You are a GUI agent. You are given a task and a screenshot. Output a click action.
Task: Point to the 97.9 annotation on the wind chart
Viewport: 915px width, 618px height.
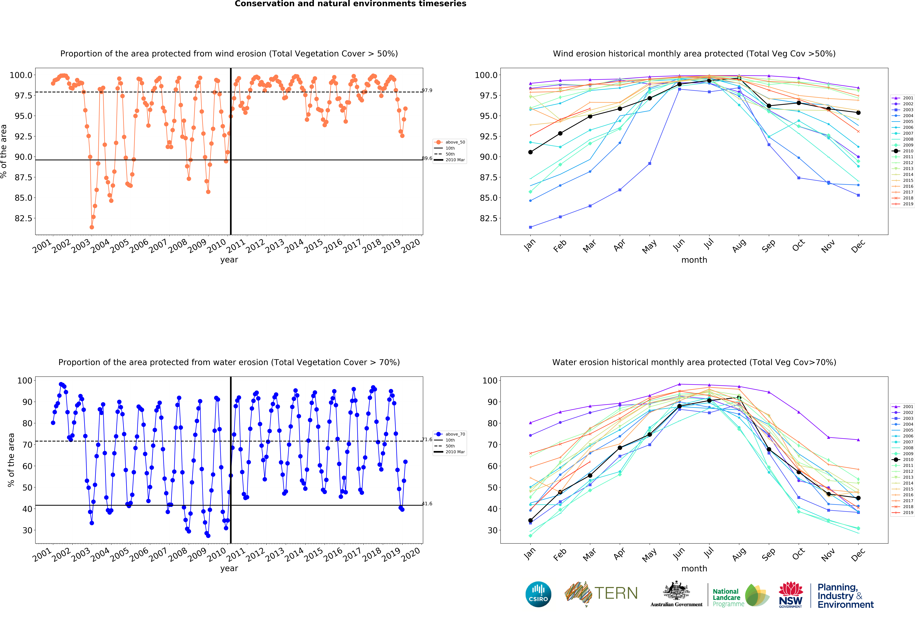click(427, 91)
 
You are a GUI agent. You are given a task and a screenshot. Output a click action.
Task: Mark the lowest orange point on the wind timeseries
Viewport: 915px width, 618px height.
click(92, 227)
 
